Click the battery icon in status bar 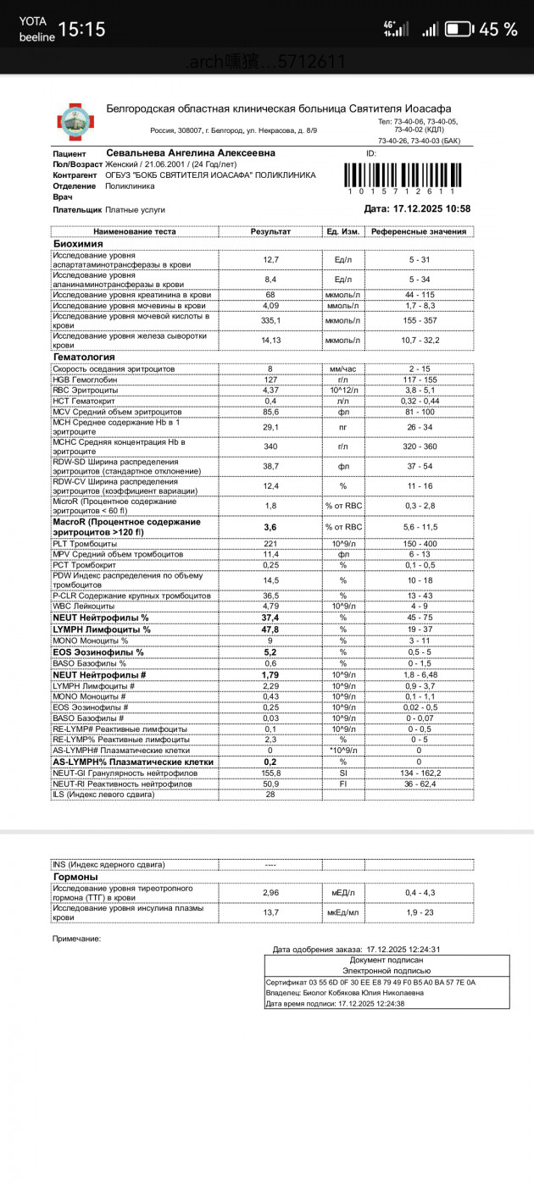tap(459, 30)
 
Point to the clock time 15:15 tap(81, 30)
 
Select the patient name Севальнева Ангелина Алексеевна tap(191, 152)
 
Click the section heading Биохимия tap(79, 243)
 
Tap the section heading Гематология tap(84, 357)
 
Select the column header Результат tap(270, 231)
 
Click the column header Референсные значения tap(419, 231)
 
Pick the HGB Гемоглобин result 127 tap(270, 380)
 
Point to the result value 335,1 tap(270, 321)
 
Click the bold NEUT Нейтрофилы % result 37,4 tap(270, 618)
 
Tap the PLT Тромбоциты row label tap(86, 543)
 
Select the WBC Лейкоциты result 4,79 tap(270, 606)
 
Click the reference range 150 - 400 tap(419, 543)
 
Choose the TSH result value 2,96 tap(270, 893)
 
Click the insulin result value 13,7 tap(270, 912)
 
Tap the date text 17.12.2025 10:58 tap(417, 208)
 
